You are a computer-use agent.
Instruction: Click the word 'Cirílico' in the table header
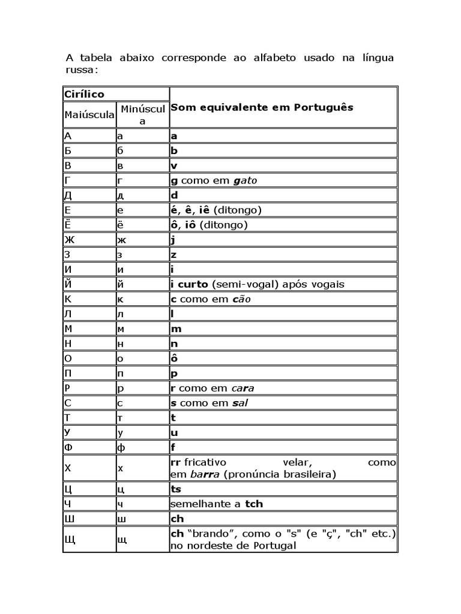[x=84, y=94]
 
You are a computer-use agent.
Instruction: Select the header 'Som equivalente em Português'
[x=262, y=107]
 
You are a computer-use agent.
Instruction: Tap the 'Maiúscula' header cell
[x=89, y=114]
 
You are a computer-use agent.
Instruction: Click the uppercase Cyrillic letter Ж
[x=68, y=240]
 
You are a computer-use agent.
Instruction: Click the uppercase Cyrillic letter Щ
[x=70, y=540]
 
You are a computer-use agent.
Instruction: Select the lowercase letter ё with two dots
[x=120, y=225]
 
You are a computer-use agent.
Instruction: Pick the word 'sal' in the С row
[x=240, y=403]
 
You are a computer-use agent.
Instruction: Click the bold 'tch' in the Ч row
[x=254, y=504]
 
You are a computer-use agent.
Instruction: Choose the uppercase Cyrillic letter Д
[x=68, y=195]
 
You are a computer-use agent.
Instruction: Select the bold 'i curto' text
[x=190, y=284]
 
